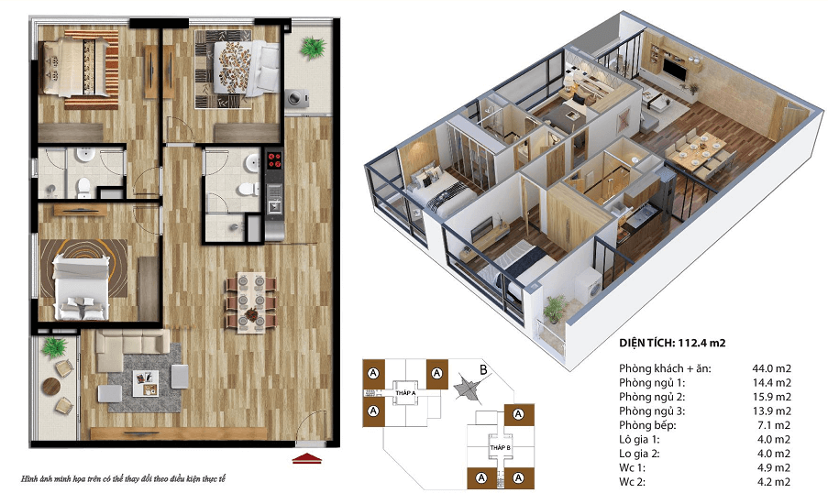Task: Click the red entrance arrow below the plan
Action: [x=307, y=458]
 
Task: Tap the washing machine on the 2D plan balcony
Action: [x=297, y=98]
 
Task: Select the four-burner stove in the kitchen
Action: [x=274, y=160]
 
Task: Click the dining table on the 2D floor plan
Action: [x=251, y=303]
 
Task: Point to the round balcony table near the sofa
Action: [x=51, y=387]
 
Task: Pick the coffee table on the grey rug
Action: [x=145, y=383]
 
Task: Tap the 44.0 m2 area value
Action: [x=771, y=368]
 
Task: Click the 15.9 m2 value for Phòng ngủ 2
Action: [x=771, y=397]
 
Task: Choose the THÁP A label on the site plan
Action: [x=405, y=393]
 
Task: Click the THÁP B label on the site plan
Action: [x=500, y=447]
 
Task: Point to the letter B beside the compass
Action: [x=483, y=370]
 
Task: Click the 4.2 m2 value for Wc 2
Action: [x=771, y=482]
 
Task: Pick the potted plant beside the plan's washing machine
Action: [x=312, y=47]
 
